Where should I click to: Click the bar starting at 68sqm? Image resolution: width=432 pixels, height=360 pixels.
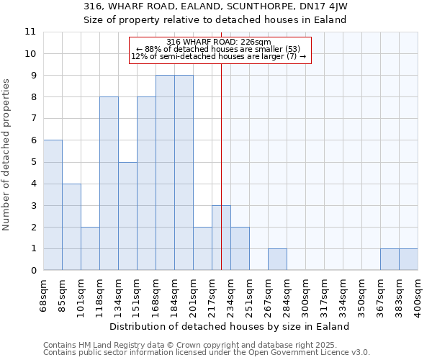[x=53, y=205]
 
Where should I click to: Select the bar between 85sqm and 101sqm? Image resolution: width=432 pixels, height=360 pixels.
[x=71, y=227]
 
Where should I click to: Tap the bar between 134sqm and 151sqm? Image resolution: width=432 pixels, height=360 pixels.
[x=127, y=216]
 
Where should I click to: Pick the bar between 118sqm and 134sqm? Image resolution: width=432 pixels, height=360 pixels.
[x=109, y=184]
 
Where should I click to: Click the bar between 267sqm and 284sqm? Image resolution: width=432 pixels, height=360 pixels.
[x=277, y=259]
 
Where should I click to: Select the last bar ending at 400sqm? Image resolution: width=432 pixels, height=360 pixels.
[x=408, y=259]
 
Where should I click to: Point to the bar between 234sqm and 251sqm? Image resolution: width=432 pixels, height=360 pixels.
[x=240, y=248]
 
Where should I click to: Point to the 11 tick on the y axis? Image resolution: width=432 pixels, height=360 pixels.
[x=30, y=32]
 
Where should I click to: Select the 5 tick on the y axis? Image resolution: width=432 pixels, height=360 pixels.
[x=33, y=162]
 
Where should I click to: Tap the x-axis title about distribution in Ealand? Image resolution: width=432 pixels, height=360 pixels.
[x=230, y=326]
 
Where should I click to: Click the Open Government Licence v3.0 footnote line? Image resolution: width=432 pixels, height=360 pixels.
[x=207, y=353]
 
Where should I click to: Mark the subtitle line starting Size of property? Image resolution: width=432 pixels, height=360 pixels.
[x=215, y=19]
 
